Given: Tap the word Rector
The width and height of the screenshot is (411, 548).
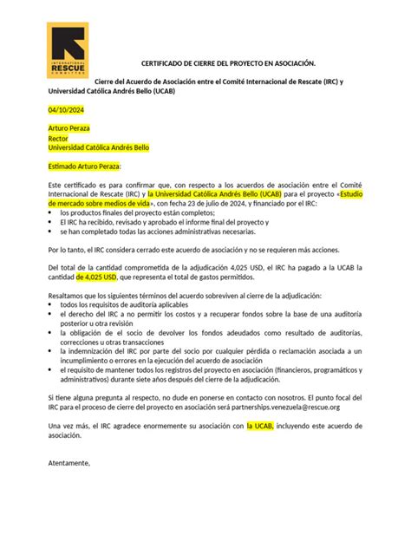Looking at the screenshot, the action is point(58,138).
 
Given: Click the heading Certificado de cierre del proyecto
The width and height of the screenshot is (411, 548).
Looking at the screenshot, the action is point(205,63).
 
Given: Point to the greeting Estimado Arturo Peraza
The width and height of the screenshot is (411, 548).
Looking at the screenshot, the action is point(84,166).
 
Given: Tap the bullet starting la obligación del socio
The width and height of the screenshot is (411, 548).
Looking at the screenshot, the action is point(199,335).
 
